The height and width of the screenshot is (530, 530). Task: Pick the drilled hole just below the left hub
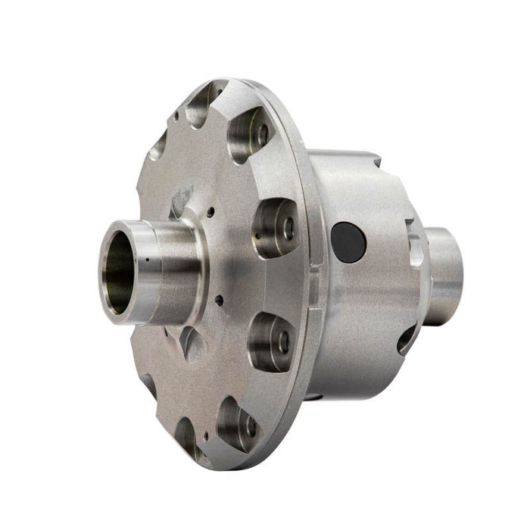pos(220,300)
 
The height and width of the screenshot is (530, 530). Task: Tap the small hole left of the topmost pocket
pos(176,117)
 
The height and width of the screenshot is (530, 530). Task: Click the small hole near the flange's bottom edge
pos(204,437)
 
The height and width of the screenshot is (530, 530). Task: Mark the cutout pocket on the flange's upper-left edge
pos(157,144)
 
